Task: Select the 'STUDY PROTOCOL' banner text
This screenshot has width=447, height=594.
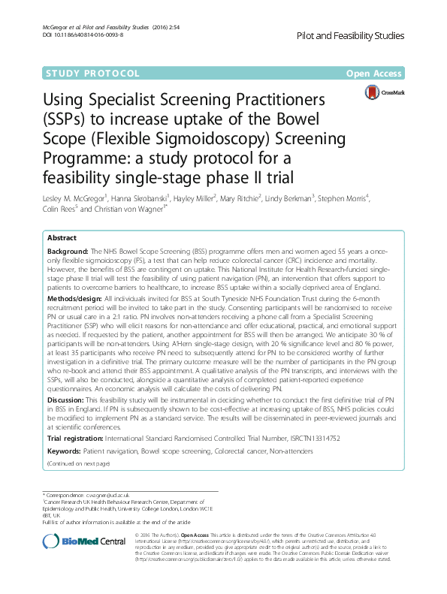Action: coord(93,74)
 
